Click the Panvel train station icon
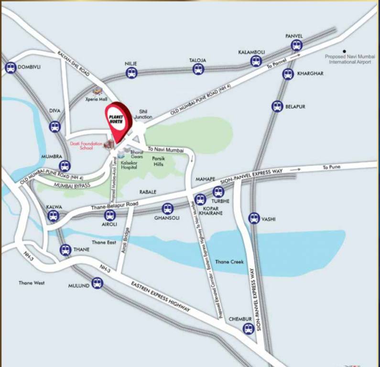pos(297,45)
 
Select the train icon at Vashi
pos(254,218)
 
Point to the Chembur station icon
pos(248,328)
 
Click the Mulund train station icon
pos(98,283)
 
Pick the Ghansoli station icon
pos(167,209)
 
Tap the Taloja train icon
pos(198,69)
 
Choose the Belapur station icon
pos(277,106)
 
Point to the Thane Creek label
pos(229,262)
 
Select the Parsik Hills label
pos(158,161)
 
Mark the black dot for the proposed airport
pos(343,51)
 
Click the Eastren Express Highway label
pos(160,297)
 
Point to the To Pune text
pos(331,167)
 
